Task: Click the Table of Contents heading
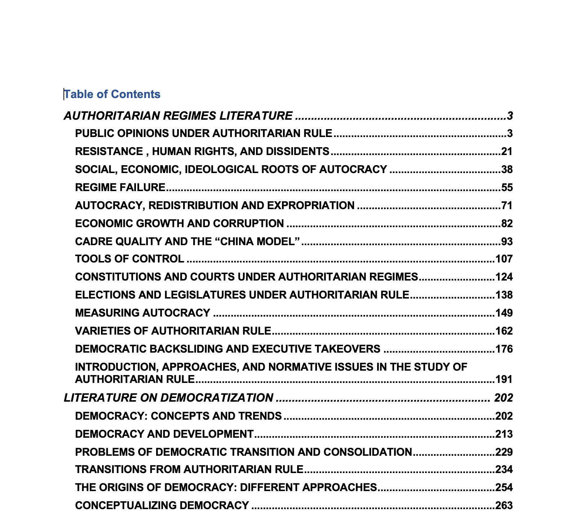pos(112,94)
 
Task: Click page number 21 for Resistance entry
pos(507,151)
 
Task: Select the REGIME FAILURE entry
pos(120,187)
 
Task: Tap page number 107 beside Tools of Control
pos(504,259)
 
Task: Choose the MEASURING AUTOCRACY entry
pos(142,313)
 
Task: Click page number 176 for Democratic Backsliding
pos(504,349)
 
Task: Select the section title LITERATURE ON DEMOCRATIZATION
pos(168,398)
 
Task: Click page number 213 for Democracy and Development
pos(504,434)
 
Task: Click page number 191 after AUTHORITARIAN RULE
pos(504,379)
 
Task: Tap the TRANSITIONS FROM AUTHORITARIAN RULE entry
pos(189,469)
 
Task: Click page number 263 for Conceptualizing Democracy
pos(504,506)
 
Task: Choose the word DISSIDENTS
pos(297,151)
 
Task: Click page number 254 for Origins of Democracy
pos(504,487)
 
